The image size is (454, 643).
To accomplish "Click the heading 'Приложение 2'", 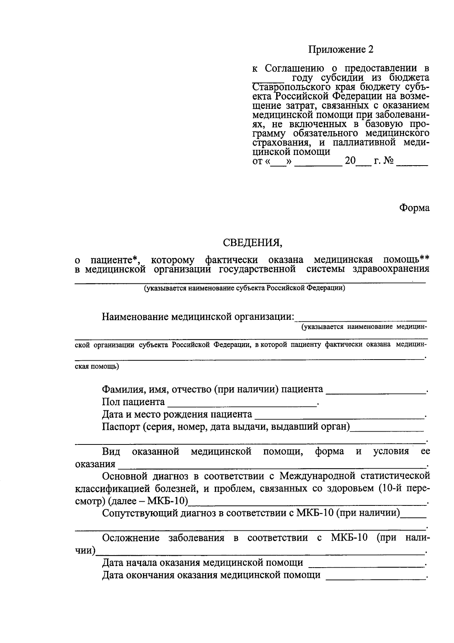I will (x=340, y=50).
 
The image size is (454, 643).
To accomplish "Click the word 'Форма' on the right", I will (x=414, y=208).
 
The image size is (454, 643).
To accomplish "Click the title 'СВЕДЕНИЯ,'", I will (x=252, y=242).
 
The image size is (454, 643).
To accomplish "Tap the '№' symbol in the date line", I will (x=389, y=161).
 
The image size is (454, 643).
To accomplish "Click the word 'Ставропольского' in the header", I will (x=283, y=88).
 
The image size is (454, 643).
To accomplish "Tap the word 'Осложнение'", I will (x=131, y=538).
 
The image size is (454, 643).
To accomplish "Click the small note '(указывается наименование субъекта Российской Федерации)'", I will (x=244, y=288).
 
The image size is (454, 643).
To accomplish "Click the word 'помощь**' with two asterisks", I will (x=406, y=260).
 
